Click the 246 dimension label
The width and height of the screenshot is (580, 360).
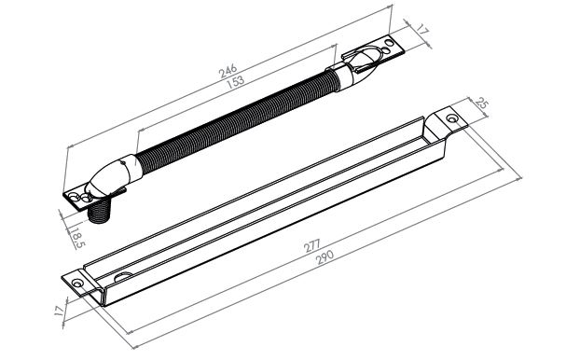228,70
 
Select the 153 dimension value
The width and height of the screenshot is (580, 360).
235,82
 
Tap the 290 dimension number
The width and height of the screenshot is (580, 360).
325,257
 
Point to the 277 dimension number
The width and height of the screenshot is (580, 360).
311,246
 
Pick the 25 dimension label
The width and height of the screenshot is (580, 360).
481,104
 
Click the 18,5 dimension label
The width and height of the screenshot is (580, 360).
77,238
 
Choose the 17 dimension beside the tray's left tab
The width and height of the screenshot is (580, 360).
59,310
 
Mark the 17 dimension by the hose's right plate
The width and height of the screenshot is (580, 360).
422,30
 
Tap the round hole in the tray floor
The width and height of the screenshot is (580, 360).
123,276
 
